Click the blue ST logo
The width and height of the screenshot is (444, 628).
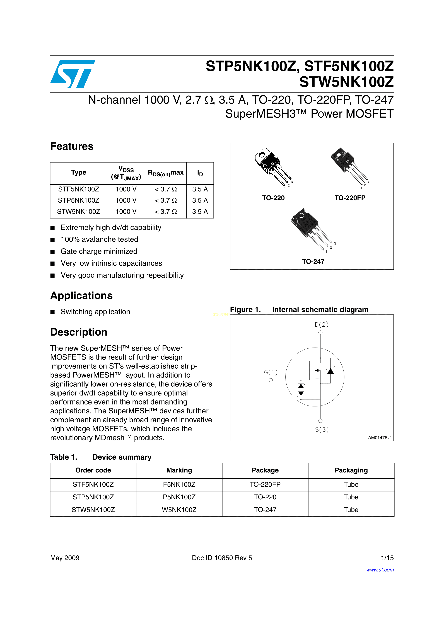click(73, 74)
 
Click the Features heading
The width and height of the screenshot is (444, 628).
click(72, 146)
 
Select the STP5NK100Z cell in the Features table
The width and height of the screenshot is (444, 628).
click(79, 200)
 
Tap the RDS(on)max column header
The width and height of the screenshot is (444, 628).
click(165, 173)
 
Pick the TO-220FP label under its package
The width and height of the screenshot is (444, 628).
click(350, 198)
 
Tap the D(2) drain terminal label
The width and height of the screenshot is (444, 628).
click(321, 325)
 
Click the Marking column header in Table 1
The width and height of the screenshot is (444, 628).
click(179, 470)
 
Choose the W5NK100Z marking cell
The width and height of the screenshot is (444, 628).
click(179, 510)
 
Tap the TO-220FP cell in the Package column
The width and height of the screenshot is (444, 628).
click(265, 484)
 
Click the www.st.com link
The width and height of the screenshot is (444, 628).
click(380, 570)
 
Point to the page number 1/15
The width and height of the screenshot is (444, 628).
click(387, 558)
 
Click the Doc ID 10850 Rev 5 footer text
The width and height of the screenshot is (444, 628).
click(222, 558)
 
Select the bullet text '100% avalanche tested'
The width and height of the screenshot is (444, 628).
click(99, 239)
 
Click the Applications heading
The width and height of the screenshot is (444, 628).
click(81, 296)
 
